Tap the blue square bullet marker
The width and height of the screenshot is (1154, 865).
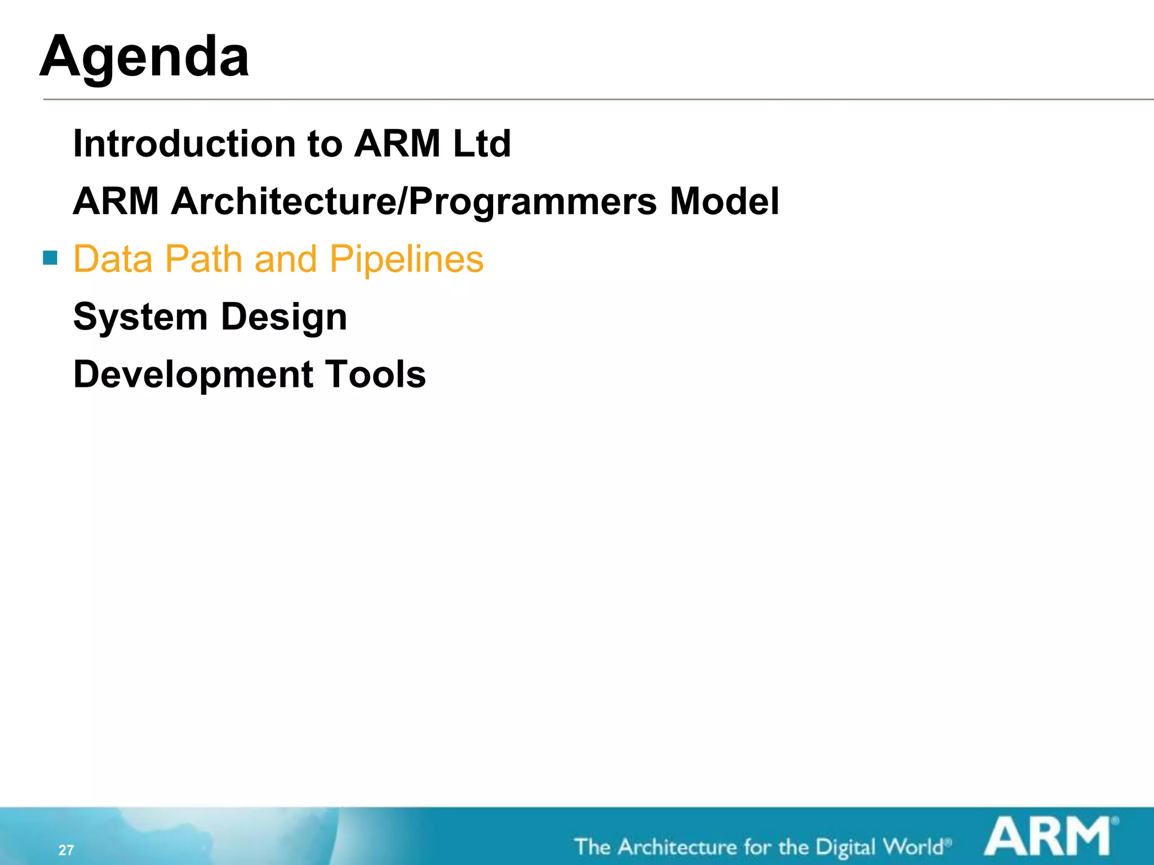pos(50,258)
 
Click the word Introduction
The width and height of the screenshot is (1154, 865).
pos(185,144)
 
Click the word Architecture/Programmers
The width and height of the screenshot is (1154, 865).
pos(414,202)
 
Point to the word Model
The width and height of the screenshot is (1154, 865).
pos(724,202)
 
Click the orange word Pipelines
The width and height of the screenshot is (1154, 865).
pos(406,260)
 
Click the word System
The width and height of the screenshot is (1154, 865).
pos(140,317)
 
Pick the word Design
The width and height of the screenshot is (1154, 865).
pos(284,317)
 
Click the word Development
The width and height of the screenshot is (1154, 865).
pos(193,375)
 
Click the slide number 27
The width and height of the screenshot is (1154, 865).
pos(66,850)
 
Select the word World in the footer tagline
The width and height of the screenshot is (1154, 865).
pos(913,847)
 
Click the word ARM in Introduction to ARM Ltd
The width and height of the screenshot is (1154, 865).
pos(397,144)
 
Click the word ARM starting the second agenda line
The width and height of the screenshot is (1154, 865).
pos(116,202)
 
